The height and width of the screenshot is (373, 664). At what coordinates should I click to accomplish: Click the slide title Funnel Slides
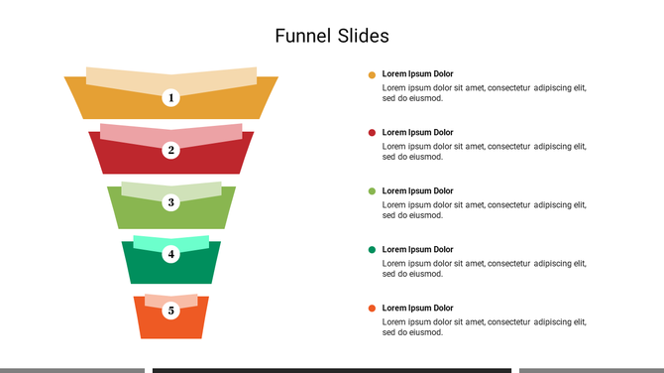[332, 36]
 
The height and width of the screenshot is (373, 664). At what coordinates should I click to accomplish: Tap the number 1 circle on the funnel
[171, 97]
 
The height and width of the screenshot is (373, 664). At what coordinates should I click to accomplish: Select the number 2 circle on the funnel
[171, 150]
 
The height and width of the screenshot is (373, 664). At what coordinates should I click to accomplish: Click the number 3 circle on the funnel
[171, 202]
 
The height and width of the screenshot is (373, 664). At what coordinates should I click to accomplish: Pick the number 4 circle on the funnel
[171, 254]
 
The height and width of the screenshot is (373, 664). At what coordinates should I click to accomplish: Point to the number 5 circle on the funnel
[171, 311]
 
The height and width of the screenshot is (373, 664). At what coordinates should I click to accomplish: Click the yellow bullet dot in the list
[372, 74]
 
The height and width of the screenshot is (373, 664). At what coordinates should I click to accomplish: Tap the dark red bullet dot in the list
[372, 132]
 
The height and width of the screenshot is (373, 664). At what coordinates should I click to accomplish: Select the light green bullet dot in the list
[372, 190]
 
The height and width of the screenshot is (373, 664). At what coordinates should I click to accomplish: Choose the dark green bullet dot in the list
[372, 249]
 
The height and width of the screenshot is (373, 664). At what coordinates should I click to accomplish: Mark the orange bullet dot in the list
[372, 309]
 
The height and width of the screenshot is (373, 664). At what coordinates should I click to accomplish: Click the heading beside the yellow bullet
[417, 74]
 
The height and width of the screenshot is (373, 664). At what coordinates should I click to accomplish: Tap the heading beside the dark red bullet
[417, 132]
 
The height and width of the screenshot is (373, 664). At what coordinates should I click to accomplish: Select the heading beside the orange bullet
[417, 308]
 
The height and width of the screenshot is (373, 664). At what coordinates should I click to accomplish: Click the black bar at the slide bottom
[332, 370]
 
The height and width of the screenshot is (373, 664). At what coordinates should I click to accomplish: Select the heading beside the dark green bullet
[417, 249]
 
